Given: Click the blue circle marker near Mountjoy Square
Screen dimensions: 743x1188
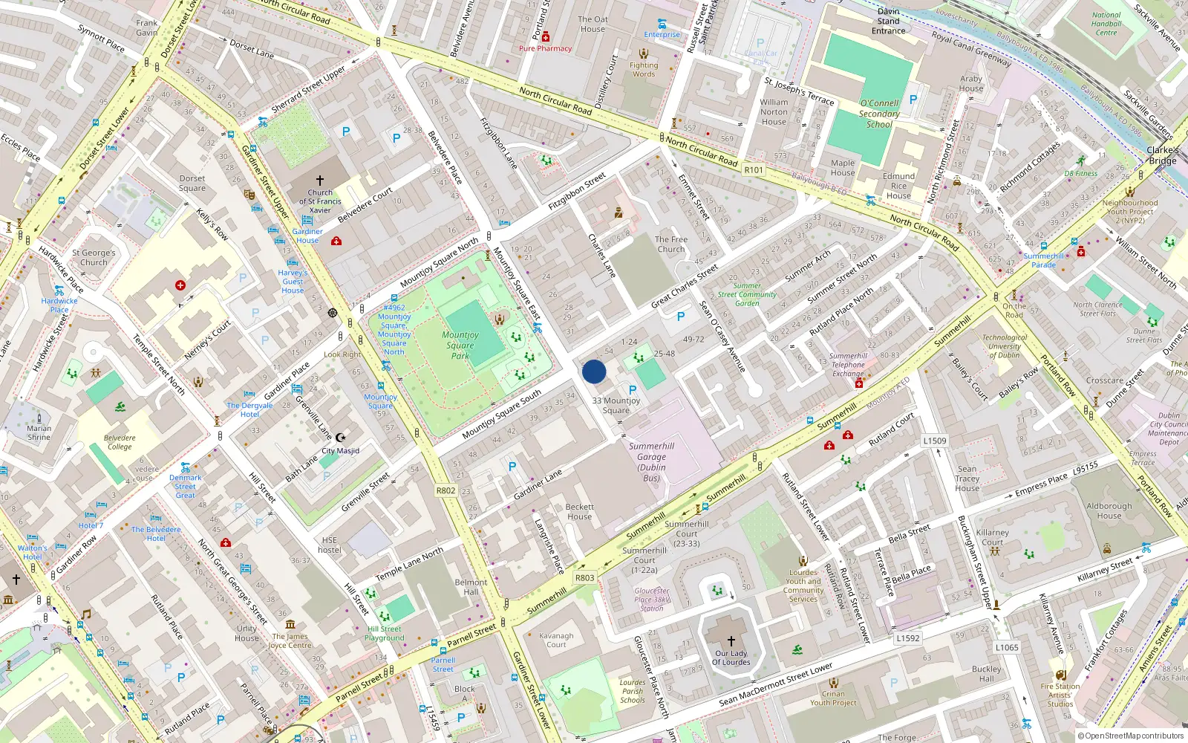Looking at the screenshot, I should (594, 371).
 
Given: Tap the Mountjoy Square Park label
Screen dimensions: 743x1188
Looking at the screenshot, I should (460, 345).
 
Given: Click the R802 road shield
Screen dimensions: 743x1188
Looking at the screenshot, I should (446, 490).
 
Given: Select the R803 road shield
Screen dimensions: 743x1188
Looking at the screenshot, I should (585, 577).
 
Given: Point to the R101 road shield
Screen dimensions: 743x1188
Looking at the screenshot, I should (754, 170).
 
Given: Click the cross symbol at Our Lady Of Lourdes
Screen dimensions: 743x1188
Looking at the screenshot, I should (731, 640).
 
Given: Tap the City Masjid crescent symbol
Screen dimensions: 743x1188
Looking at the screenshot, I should (341, 438).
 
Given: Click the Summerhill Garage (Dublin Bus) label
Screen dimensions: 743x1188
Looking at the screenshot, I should (651, 462).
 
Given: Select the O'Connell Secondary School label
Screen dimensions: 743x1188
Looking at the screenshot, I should (879, 114).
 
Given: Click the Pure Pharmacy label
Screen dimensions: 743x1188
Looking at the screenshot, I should (545, 48).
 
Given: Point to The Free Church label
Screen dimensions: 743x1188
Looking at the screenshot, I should (671, 244).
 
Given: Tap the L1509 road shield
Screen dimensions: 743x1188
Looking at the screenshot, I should (935, 441).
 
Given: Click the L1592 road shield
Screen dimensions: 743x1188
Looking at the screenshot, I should (907, 637).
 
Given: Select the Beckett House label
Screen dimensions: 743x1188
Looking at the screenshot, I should (580, 512).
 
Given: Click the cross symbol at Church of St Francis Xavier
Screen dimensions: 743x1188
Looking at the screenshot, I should (320, 181).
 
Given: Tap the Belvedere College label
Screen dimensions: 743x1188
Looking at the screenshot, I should (120, 442).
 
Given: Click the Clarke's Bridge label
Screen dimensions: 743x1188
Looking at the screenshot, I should (1163, 155).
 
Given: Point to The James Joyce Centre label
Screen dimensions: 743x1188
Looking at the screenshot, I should (290, 641).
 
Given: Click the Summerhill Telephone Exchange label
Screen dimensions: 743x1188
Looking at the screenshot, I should (848, 365).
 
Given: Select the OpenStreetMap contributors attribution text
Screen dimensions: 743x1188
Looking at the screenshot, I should (1131, 736).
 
